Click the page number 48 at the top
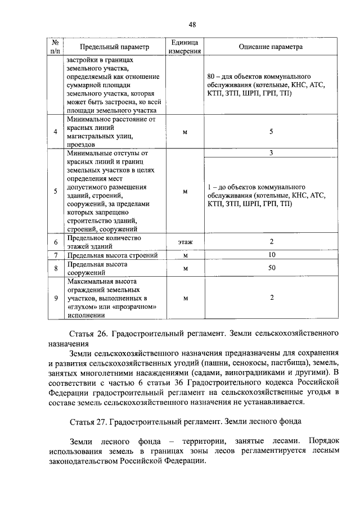click(x=192, y=25)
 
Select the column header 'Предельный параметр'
click(x=114, y=47)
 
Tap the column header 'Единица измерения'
click(x=185, y=47)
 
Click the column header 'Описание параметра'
click(x=271, y=47)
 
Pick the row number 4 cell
click(x=55, y=132)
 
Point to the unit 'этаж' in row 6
click(x=185, y=242)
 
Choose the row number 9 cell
click(x=55, y=298)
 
